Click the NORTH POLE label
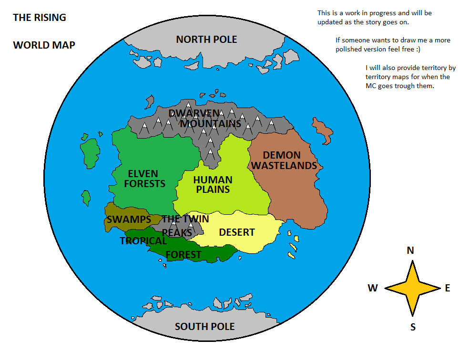(206, 40)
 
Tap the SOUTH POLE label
(204, 327)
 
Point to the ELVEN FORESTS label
(144, 179)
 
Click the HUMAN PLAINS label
(213, 185)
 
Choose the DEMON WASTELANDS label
(284, 160)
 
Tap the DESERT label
(236, 232)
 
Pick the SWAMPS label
(129, 220)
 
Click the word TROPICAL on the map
(143, 241)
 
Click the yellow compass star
(412, 288)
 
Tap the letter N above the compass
(410, 250)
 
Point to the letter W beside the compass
(373, 288)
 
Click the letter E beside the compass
(447, 288)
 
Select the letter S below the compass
(413, 327)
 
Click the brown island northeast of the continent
(323, 130)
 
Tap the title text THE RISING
(39, 18)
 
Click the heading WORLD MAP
(44, 45)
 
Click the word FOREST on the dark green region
(184, 255)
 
